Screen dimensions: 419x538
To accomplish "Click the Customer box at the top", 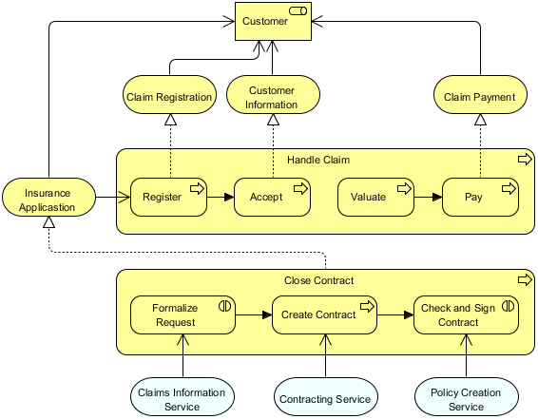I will coord(272,22).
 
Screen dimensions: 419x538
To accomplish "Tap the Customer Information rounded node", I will coord(272,97).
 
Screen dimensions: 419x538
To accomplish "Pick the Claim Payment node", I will coord(480,97).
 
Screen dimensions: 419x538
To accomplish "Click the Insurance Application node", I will coord(48,200).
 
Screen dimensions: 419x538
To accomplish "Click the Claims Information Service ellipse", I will coord(182,399).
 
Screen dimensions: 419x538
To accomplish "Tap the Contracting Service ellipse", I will coord(325,399).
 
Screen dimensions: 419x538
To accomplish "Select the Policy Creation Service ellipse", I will coord(466,399).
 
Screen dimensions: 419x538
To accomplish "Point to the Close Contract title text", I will coord(318,280).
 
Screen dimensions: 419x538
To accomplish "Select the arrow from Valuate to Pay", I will coord(429,198).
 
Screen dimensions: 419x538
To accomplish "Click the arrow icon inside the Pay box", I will coord(507,188).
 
